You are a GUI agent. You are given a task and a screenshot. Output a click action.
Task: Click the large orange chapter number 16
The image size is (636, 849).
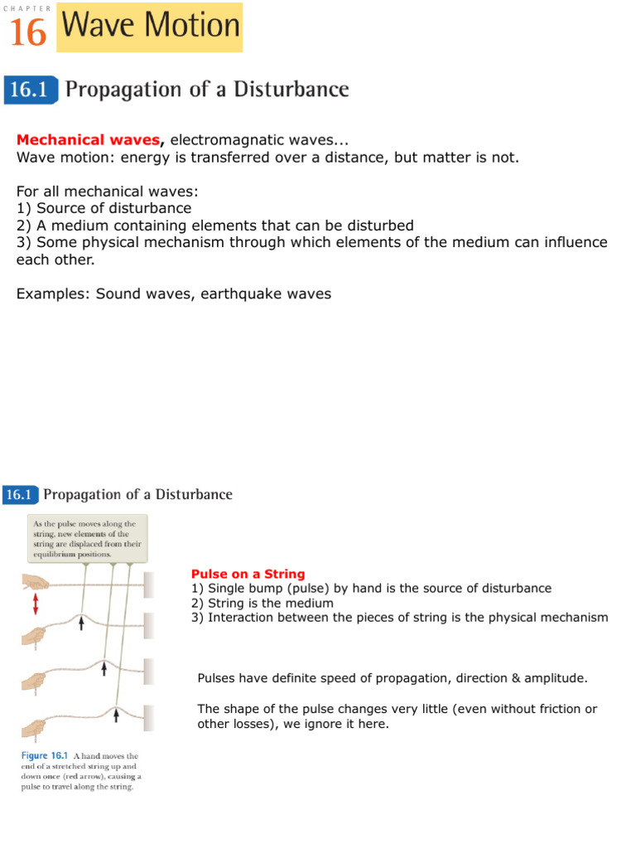point(28,32)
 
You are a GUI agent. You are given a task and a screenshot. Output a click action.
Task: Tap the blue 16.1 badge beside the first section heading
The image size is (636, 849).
point(28,90)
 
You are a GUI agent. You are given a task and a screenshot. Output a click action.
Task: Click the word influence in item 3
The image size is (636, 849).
point(566,242)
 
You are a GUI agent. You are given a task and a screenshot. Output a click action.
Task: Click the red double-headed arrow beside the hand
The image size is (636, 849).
point(35,605)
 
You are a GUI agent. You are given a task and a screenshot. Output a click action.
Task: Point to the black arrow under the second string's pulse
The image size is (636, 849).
point(81,625)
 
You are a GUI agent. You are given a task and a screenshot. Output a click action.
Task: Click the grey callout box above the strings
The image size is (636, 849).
point(87,536)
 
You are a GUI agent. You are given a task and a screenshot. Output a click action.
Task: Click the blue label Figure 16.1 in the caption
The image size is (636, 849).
point(46,756)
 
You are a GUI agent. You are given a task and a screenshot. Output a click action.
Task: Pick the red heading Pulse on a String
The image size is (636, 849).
point(248,574)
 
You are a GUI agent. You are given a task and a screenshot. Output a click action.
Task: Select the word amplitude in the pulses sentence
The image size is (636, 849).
point(555,678)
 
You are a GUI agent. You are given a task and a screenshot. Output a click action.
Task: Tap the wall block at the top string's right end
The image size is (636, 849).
point(147,585)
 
